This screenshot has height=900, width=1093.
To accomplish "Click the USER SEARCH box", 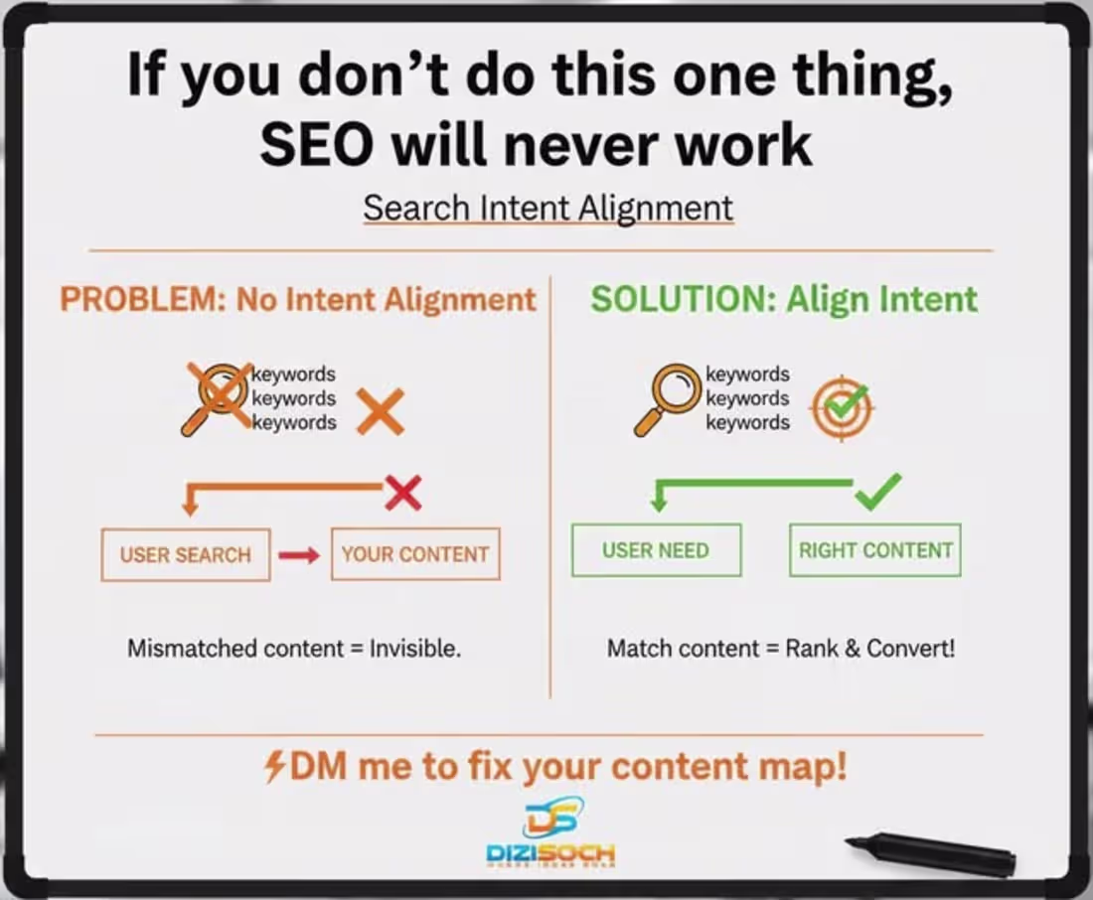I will coord(186,554).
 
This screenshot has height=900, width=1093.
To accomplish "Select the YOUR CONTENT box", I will coord(415,554).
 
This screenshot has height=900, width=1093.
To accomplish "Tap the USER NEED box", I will coord(656,550).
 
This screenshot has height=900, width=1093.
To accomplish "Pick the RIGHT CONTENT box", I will coord(875,550).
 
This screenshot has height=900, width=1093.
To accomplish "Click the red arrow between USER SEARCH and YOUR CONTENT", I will coord(299,555).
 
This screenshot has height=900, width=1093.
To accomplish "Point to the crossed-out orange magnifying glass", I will coord(216,397).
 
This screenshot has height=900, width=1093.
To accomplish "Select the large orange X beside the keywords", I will coord(380,411).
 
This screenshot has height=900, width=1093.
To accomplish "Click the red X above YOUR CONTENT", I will coord(402,492).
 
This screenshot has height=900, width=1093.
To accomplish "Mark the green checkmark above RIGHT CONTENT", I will coord(877,490).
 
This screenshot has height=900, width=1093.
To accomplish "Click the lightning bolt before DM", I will coord(275,767).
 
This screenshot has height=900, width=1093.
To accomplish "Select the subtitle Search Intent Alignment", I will coord(547,209).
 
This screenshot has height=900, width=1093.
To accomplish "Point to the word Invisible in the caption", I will coord(414,649).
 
